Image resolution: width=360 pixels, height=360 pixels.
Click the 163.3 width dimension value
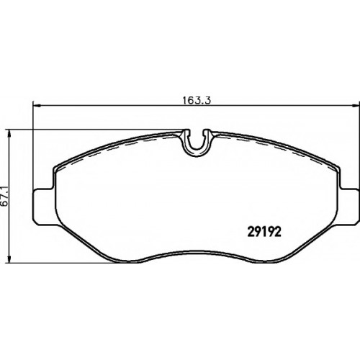197,100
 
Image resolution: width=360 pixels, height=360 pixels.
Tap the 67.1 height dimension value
4,196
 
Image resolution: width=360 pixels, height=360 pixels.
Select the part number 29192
264,233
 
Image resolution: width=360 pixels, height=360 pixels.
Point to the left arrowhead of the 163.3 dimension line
36,105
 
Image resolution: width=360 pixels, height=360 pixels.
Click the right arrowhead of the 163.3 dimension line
356,105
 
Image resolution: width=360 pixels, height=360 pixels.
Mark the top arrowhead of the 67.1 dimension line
9,134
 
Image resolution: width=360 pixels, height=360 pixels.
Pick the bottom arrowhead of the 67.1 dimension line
9,258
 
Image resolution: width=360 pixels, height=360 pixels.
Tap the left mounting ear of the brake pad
45,207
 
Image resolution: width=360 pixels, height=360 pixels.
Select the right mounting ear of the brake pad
348,207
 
